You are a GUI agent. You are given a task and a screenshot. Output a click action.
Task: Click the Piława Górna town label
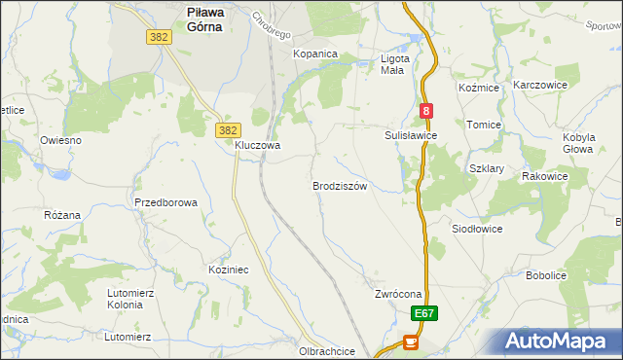click(x=204, y=19)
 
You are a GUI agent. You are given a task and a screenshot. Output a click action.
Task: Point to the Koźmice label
click(x=478, y=88)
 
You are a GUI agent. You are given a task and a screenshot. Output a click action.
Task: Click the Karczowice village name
click(x=546, y=85)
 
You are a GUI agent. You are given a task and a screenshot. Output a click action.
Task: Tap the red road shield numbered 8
click(x=426, y=112)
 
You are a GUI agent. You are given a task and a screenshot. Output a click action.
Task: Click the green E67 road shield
click(x=423, y=314)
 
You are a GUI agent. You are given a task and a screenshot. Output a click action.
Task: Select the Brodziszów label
click(x=339, y=186)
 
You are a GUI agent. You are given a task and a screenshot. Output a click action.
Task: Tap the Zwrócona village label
click(x=397, y=294)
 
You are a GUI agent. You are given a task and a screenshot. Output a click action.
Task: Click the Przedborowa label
click(x=166, y=202)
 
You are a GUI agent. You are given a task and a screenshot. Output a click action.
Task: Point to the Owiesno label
click(x=60, y=140)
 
